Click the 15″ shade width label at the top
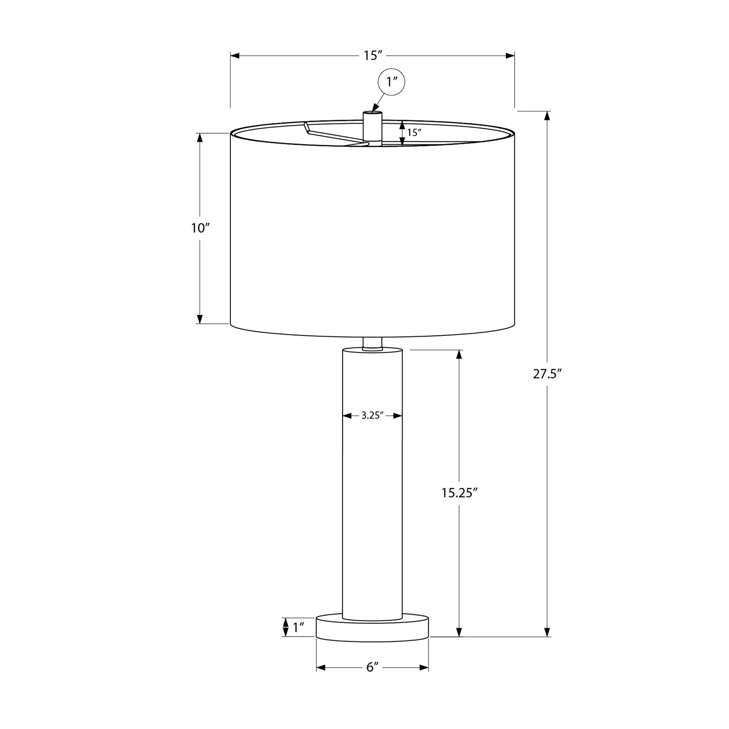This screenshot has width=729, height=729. click(x=372, y=55)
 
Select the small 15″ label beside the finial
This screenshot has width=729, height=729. click(x=414, y=133)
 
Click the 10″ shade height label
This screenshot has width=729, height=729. click(x=200, y=228)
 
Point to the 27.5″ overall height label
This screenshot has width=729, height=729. click(x=547, y=374)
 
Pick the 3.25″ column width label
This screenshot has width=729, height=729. click(x=372, y=416)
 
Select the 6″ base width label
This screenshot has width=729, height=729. click(x=372, y=668)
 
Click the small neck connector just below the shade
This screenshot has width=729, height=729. click(x=372, y=343)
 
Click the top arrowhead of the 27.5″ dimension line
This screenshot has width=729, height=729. click(x=548, y=116)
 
